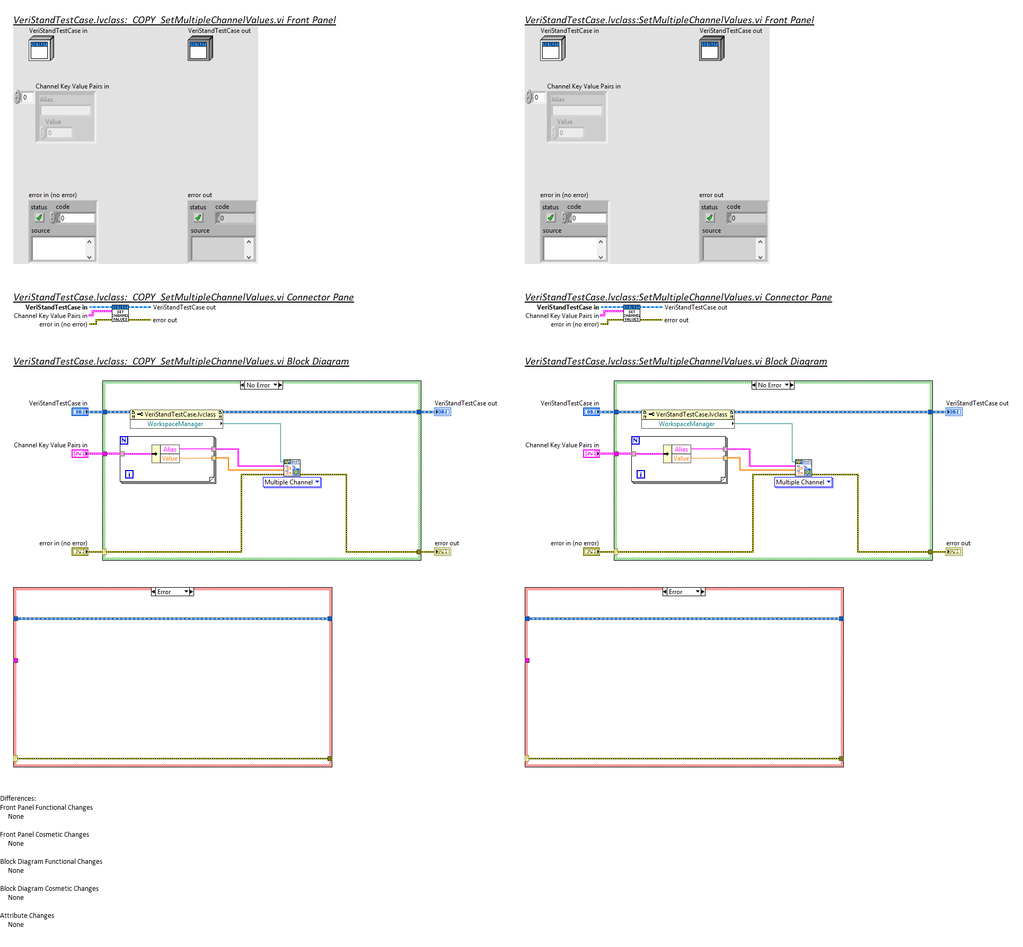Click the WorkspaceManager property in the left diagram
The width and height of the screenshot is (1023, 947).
[175, 424]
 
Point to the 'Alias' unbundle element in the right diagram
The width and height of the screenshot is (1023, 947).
[681, 449]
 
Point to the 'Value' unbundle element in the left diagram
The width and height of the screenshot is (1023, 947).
[170, 458]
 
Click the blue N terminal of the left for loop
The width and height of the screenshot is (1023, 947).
[124, 440]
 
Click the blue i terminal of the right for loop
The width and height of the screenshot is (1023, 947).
[641, 474]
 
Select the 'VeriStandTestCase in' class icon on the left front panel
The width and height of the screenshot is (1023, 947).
[41, 49]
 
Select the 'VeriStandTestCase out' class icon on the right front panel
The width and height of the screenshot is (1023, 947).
[711, 49]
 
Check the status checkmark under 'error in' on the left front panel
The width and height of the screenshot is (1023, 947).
[39, 218]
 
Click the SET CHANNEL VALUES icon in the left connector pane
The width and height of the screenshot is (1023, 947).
[120, 314]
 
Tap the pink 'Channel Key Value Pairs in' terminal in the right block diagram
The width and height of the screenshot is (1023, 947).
[591, 454]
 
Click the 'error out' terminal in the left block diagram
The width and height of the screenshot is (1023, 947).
[442, 552]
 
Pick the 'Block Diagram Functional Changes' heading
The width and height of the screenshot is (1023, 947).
[51, 862]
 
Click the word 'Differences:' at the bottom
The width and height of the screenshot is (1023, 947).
[18, 799]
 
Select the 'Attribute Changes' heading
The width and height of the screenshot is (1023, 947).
[27, 916]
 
